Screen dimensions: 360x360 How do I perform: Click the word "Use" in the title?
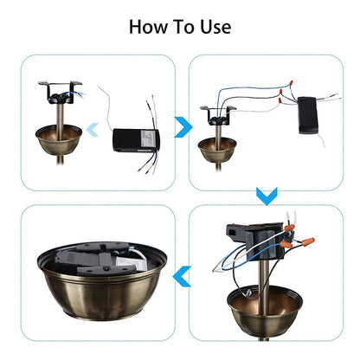pos(214,26)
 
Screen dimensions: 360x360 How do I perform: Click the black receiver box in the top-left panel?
pos(136,138)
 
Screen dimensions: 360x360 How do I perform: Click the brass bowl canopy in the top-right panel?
pos(215,148)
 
